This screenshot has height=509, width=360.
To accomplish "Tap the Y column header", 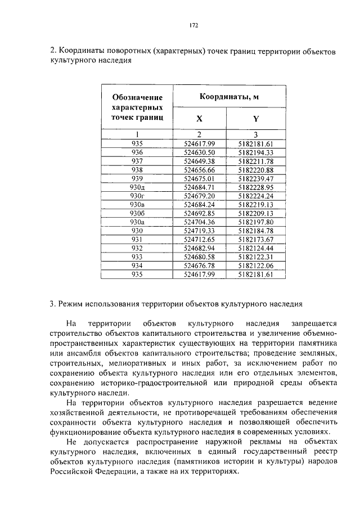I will click(255, 119).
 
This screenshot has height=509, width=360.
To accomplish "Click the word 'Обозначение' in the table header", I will click(137, 97).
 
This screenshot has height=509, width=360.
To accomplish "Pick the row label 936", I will click(137, 152).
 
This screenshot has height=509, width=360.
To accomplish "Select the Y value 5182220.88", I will click(255, 170).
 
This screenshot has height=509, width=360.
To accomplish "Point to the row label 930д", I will click(137, 187).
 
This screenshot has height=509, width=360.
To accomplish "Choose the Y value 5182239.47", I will click(255, 179).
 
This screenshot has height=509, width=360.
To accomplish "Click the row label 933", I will click(137, 257).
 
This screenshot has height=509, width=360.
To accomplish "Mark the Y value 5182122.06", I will click(255, 265).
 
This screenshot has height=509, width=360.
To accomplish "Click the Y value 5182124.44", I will click(255, 248).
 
